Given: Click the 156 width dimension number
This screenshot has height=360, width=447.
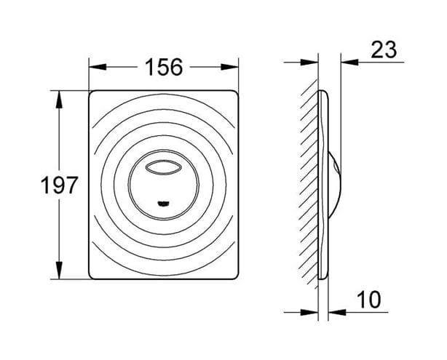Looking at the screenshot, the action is point(163,67).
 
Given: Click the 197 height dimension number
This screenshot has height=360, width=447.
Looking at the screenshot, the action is point(59,185).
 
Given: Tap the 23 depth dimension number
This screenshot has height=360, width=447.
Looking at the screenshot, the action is point(384,50).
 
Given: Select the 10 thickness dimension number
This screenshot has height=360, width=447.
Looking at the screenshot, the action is point(368,300).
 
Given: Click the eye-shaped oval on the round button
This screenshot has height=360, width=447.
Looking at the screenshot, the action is point(163,167).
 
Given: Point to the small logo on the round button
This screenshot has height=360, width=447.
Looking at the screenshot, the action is point(163,204).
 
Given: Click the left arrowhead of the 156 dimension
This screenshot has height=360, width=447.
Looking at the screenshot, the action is point(98,67).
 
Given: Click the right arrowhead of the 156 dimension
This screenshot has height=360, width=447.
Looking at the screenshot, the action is point(229,67).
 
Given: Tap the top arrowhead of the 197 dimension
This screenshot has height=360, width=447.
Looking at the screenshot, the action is point(59,100).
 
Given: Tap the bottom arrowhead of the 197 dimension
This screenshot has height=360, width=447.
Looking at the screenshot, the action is point(59,271).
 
